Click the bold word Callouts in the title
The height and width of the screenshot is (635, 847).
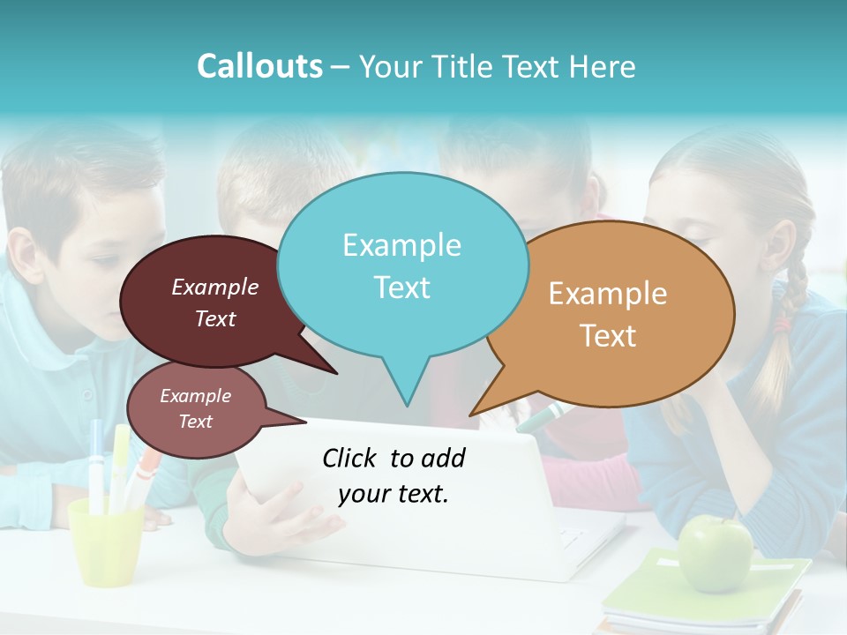[x=259, y=66]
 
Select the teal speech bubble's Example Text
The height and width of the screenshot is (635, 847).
[x=401, y=266]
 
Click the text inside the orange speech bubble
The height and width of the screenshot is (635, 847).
[x=608, y=314]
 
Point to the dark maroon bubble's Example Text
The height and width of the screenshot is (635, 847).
[x=215, y=303]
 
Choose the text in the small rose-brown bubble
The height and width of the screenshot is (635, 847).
[x=195, y=408]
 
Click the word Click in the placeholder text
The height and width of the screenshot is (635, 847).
[x=352, y=458]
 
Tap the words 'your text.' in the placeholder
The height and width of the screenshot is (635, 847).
[x=394, y=494]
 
